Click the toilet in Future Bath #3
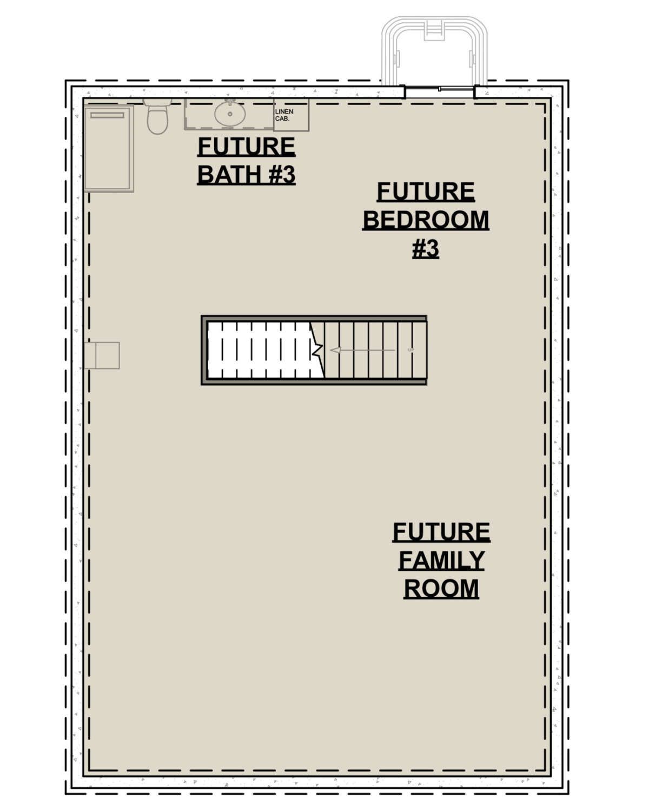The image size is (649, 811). tap(157, 116)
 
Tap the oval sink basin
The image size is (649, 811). tap(230, 114)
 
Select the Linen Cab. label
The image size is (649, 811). tap(284, 115)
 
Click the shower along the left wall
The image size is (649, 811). tap(109, 148)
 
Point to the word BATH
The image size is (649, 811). tap(229, 175)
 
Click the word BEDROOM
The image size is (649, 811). tap(426, 220)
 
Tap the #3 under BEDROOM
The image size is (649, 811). tap(426, 249)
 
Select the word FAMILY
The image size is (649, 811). tap(441, 561)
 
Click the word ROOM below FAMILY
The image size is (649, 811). tap(441, 589)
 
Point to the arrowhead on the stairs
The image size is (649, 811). tap(336, 350)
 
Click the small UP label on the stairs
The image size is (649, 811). tap(411, 350)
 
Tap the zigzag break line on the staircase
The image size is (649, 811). tap(317, 350)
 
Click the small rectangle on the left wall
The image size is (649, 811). tap(102, 355)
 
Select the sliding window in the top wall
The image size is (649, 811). tap(440, 91)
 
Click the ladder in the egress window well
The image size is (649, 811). tap(434, 30)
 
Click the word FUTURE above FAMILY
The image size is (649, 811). tap(441, 532)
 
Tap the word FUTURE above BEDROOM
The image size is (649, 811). tap(426, 192)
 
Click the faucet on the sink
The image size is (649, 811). tap(230, 102)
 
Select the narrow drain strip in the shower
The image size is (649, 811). tap(107, 115)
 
